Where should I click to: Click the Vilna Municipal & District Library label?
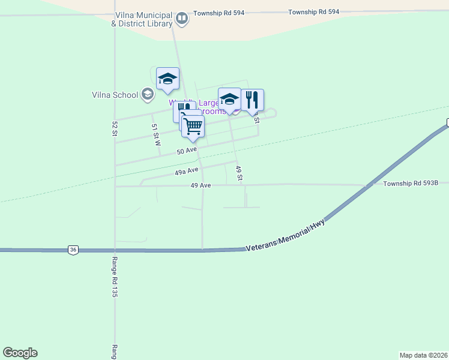click(x=142, y=19)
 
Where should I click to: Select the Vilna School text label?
click(x=115, y=95)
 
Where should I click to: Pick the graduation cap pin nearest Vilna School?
click(x=167, y=79)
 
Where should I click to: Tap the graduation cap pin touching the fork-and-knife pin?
click(x=229, y=99)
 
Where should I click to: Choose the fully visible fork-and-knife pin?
click(x=252, y=100)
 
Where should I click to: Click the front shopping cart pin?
click(x=193, y=127)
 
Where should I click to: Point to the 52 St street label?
click(x=113, y=129)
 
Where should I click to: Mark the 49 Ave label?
click(x=200, y=185)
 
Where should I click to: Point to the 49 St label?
click(x=239, y=173)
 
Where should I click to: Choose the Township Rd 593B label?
click(x=411, y=183)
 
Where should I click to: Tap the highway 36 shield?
click(x=73, y=250)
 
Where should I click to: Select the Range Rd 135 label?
click(x=114, y=277)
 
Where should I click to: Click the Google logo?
click(x=20, y=353)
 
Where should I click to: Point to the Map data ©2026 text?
click(x=423, y=355)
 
